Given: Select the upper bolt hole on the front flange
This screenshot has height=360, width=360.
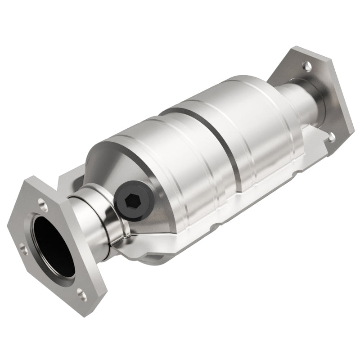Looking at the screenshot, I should (x=42, y=203).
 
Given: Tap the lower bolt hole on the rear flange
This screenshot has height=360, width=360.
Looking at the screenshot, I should (x=332, y=135).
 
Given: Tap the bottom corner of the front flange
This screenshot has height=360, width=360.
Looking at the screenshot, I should (x=92, y=310).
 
